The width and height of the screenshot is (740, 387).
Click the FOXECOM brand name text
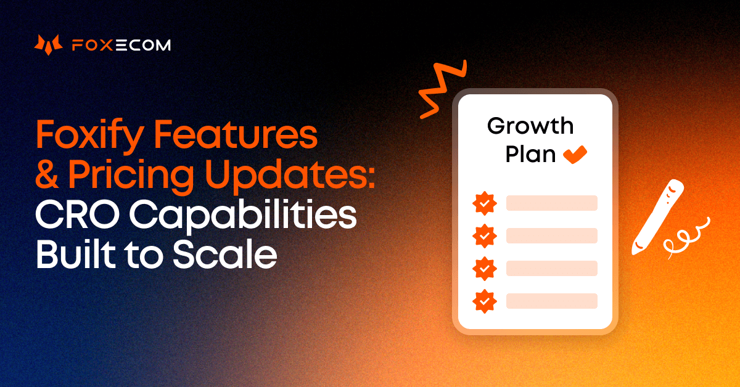[121, 45]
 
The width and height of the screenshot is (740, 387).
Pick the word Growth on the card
[530, 126]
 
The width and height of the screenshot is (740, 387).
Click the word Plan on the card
[531, 154]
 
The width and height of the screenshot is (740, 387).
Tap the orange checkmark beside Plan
[575, 153]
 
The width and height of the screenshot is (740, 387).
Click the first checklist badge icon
[485, 203]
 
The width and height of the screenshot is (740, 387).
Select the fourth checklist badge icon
[485, 301]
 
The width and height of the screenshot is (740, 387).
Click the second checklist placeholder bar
[551, 235]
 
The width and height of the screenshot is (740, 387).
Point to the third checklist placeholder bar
[551, 268]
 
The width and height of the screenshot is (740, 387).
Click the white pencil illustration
[657, 216]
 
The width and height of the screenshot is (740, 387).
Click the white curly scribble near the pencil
[684, 237]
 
